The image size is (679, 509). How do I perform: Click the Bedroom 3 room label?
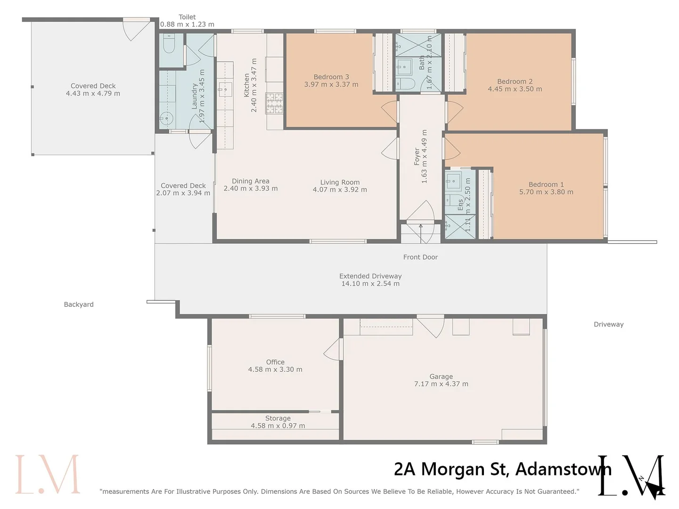click(331, 77)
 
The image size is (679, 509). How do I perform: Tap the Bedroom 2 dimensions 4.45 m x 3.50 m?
click(515, 89)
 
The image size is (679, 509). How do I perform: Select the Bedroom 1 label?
click(546, 185)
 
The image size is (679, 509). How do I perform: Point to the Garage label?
click(441, 377)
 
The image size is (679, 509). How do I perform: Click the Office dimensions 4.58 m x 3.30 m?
click(275, 369)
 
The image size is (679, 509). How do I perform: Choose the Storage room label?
click(278, 419)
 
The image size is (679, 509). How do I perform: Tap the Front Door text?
click(420, 257)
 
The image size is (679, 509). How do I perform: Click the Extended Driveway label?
click(370, 276)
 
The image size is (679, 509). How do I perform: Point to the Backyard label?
click(79, 304)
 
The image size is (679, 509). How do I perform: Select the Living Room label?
click(340, 182)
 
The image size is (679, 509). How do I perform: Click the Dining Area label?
click(250, 181)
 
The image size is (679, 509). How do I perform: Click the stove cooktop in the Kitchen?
click(275, 103)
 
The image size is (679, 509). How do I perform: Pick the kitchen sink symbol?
click(225, 89)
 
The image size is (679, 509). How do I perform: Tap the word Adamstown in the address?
click(564, 469)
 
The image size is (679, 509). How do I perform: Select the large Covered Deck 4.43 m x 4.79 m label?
click(93, 90)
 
